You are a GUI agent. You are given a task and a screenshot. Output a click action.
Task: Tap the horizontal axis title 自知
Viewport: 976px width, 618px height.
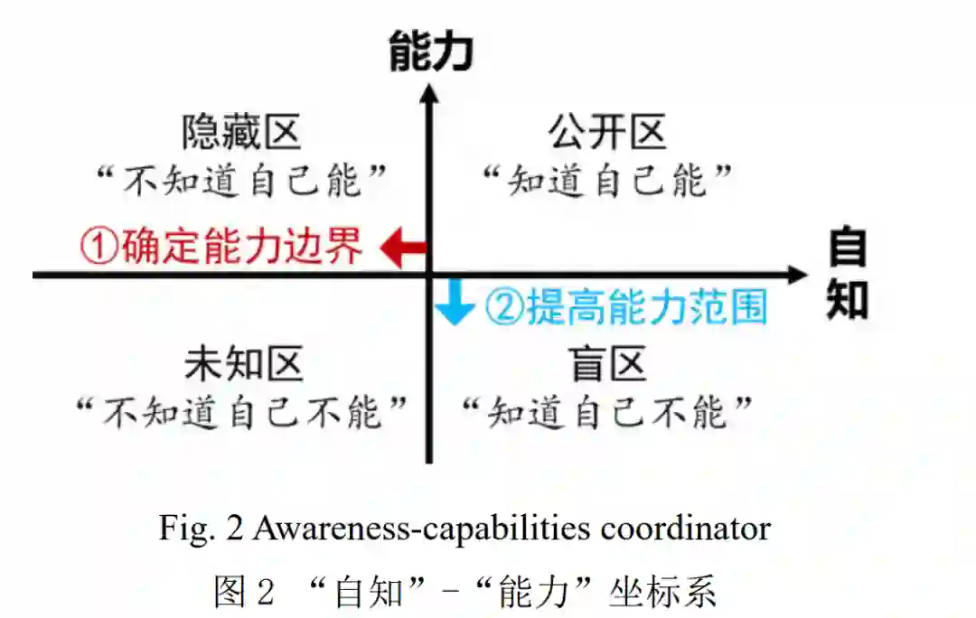[848, 275]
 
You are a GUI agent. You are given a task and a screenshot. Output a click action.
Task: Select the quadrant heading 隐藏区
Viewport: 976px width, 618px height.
[241, 133]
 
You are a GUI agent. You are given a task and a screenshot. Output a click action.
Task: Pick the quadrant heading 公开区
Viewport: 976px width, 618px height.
[607, 133]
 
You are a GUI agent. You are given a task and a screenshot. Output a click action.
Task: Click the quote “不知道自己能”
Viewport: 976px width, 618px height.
[243, 181]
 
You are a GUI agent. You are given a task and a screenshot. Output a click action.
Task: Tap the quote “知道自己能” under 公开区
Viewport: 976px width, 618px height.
[606, 181]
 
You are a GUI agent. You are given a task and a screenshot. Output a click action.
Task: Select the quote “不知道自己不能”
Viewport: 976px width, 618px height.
[241, 413]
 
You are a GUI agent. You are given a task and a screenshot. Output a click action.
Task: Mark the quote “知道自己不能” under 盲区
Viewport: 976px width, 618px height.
[606, 413]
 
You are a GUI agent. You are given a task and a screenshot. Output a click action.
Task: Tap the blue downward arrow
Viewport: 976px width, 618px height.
[453, 303]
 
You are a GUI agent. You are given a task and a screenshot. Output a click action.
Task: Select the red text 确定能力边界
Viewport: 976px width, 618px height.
[242, 246]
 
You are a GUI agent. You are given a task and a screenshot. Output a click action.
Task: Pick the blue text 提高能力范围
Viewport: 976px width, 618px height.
[647, 307]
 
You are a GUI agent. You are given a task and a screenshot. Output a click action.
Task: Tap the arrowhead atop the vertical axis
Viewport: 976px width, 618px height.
[430, 92]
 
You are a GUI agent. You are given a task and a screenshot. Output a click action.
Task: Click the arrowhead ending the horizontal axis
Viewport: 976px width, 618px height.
[795, 275]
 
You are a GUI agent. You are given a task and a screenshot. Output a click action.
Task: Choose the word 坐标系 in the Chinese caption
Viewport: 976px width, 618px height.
[671, 592]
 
